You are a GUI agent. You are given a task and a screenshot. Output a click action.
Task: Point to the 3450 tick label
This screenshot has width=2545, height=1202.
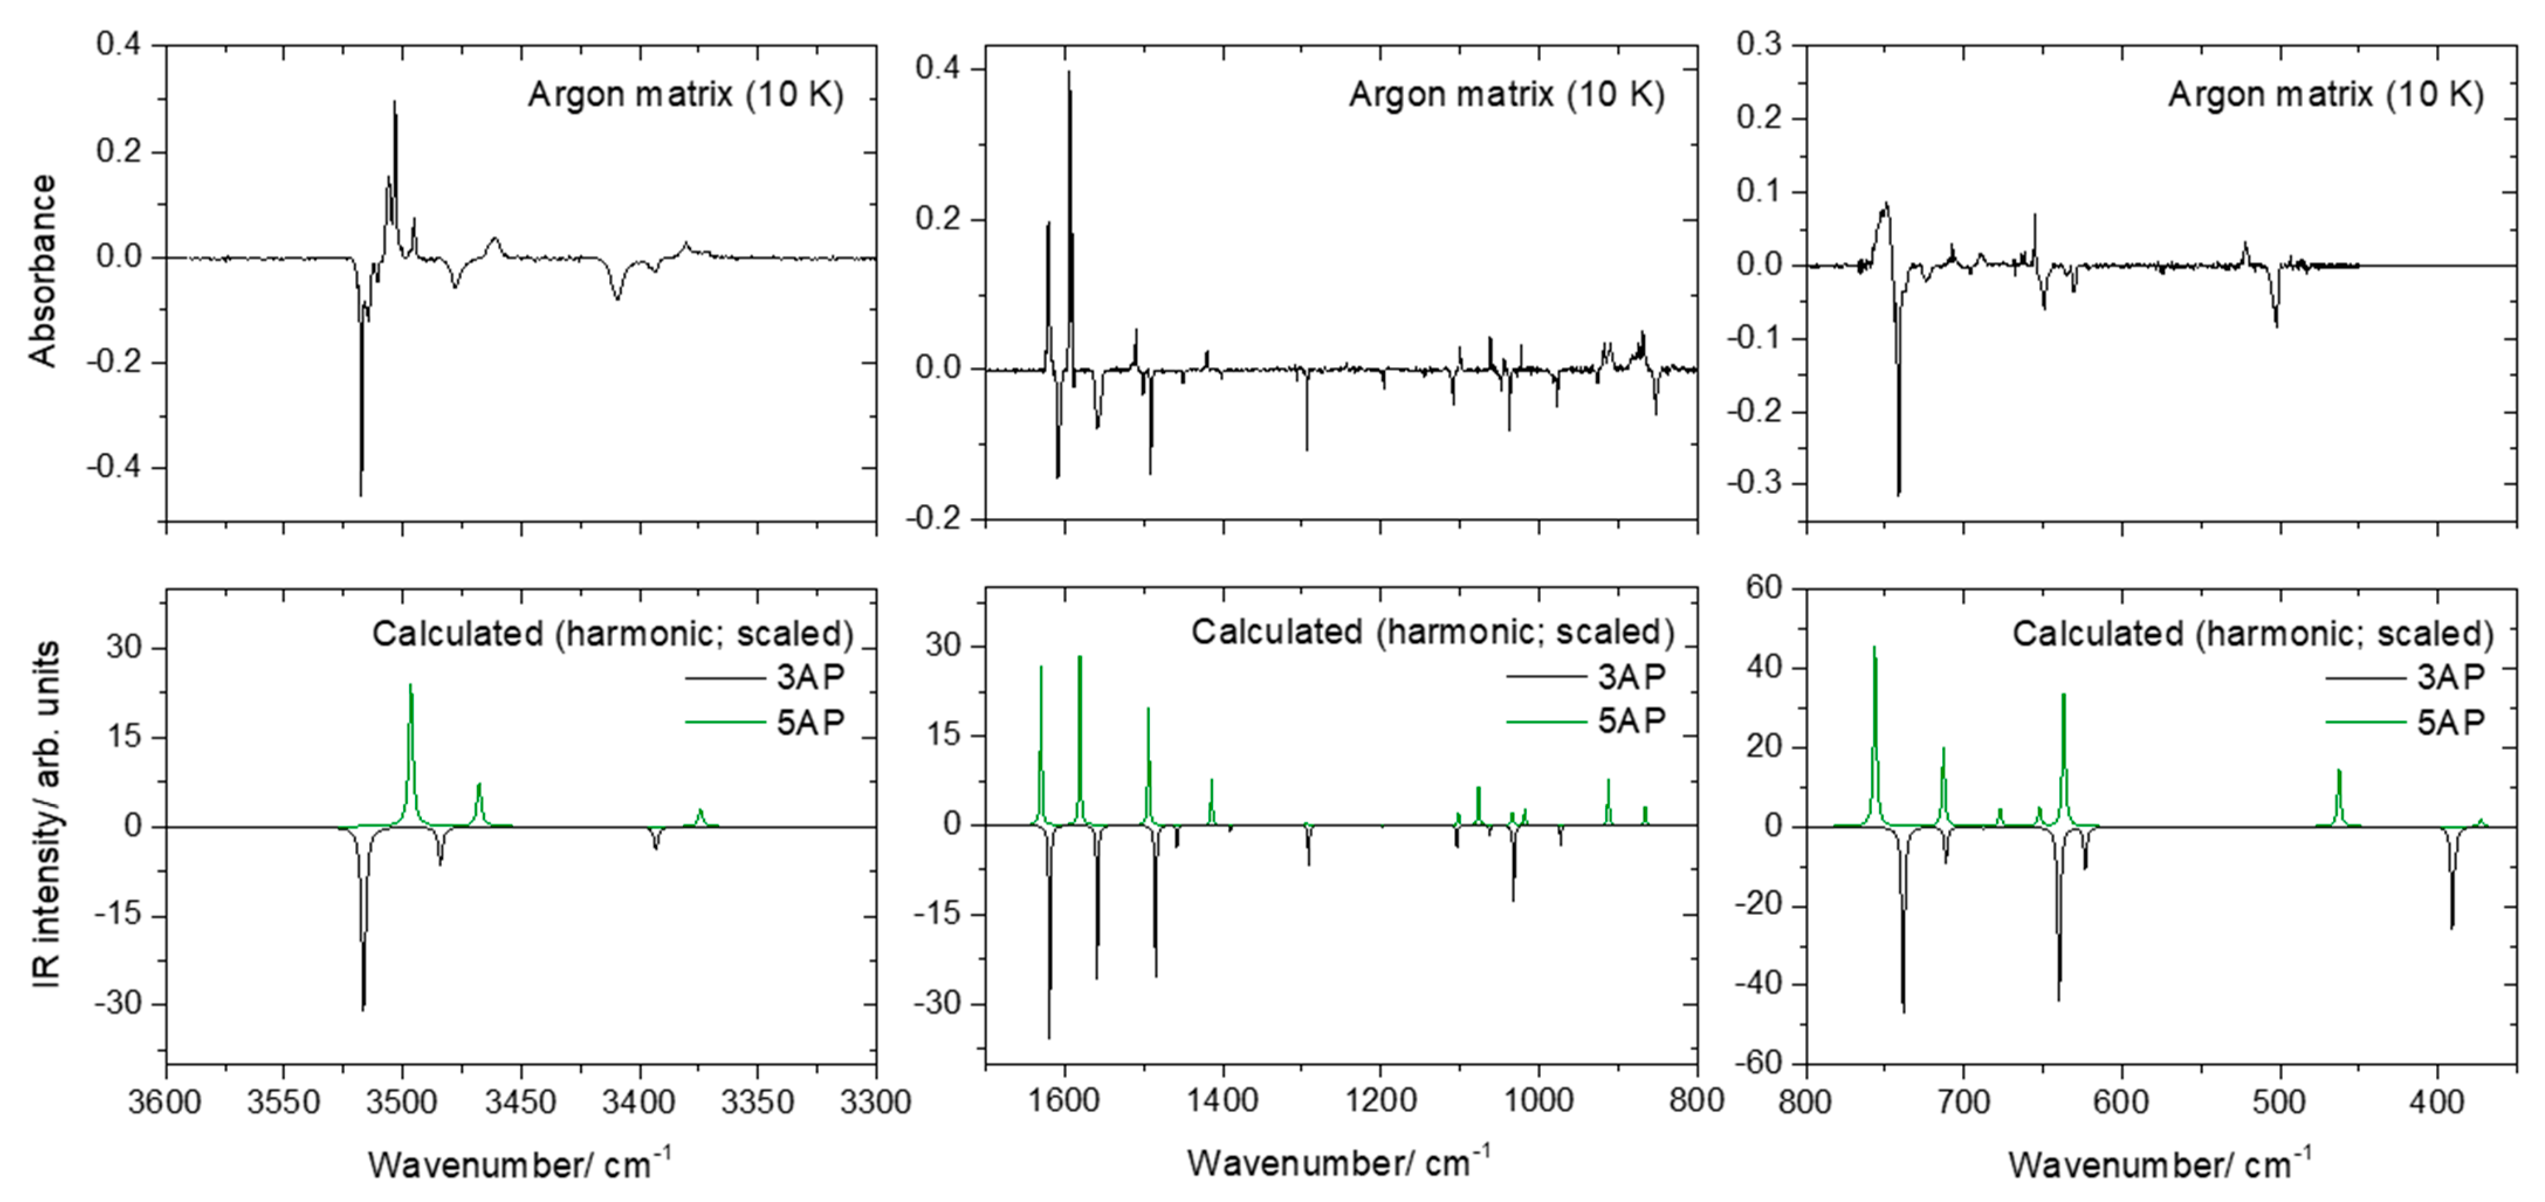coord(521,1100)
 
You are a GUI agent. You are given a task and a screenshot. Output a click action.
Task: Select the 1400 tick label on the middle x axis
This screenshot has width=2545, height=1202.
coord(1223,1100)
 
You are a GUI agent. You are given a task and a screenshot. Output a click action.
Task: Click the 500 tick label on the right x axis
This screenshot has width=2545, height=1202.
coord(2280,1100)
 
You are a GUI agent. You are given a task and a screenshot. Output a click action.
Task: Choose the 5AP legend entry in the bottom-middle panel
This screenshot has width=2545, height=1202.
coord(1631,721)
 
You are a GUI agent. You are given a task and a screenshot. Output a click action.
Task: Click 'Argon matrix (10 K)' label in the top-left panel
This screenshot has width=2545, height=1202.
coord(686,95)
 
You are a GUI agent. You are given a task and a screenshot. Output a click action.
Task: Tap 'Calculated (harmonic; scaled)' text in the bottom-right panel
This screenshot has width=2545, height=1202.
coord(2252,633)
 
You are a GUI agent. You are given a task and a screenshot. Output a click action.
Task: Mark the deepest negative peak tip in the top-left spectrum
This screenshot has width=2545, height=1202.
coord(360,494)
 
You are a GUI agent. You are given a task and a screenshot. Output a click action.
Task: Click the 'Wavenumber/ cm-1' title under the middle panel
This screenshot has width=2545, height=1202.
coord(1339,1162)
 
